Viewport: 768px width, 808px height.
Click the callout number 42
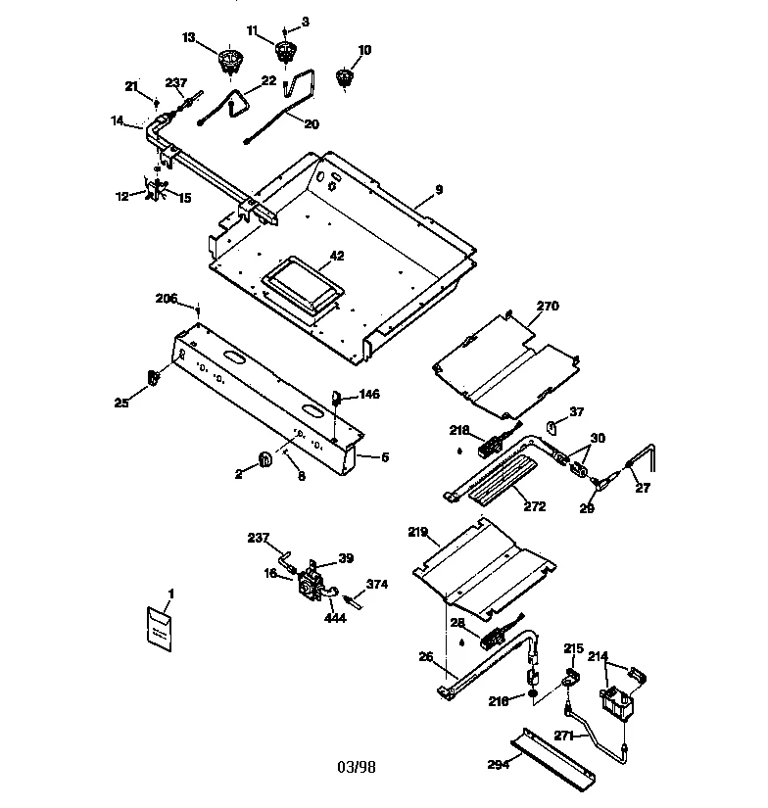pyautogui.click(x=336, y=256)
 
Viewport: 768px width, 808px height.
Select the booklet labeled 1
pyautogui.click(x=158, y=627)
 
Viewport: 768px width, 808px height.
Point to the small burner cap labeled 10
pyautogui.click(x=344, y=77)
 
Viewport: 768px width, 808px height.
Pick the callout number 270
pyautogui.click(x=547, y=306)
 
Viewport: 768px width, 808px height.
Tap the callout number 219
pyautogui.click(x=418, y=534)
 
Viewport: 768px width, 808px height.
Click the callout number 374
pyautogui.click(x=377, y=584)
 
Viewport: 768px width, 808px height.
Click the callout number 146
pyautogui.click(x=368, y=394)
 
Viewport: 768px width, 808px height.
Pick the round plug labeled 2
pyautogui.click(x=265, y=458)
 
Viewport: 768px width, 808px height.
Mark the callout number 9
pyautogui.click(x=439, y=189)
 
